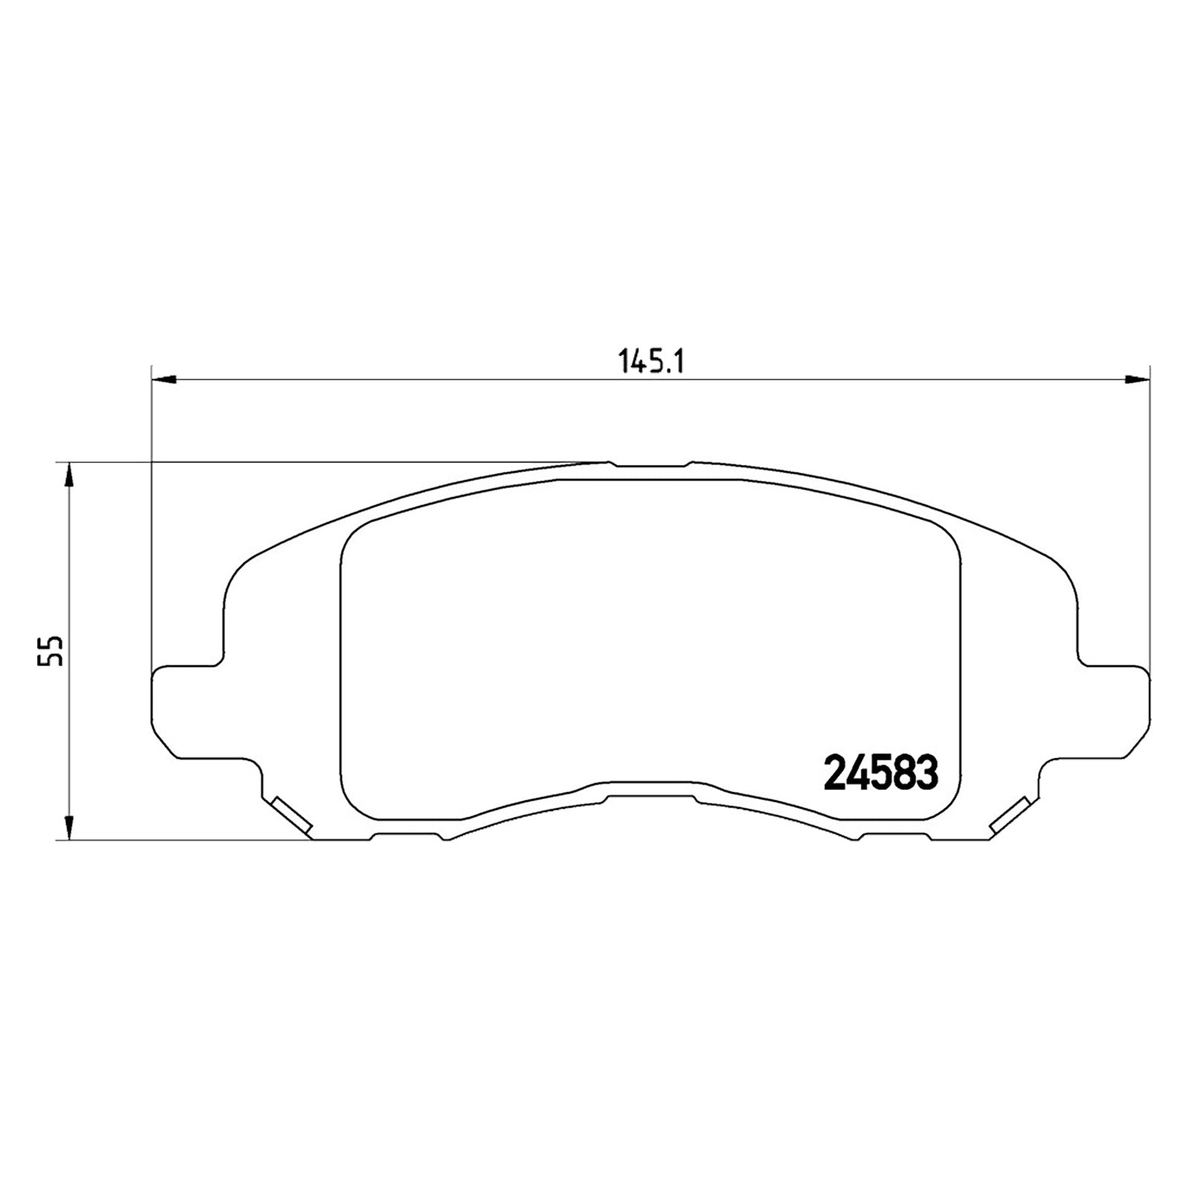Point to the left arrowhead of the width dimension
tap(163, 380)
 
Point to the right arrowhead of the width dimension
tap(1136, 380)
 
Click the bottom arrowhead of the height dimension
tap(68, 827)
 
